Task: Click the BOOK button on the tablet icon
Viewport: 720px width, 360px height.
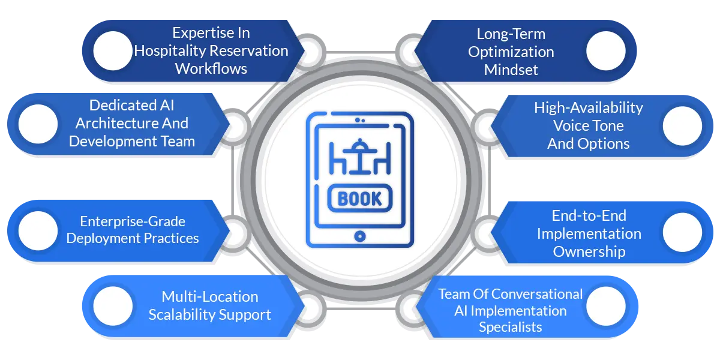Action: point(359,199)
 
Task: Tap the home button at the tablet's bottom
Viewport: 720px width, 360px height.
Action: point(359,236)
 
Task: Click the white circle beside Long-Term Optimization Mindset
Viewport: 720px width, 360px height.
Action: point(605,51)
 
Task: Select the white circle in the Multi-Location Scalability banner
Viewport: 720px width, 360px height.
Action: point(113,305)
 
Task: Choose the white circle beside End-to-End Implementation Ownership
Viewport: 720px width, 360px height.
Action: point(682,232)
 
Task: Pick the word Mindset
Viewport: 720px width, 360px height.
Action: point(511,70)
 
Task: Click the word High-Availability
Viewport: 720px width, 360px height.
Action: point(588,107)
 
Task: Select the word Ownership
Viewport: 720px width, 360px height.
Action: point(589,251)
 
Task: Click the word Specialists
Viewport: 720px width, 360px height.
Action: point(510,327)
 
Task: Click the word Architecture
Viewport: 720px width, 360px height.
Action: point(114,123)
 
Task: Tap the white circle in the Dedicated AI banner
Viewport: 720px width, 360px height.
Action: point(38,124)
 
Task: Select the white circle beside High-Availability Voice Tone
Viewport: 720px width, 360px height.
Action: point(682,127)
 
